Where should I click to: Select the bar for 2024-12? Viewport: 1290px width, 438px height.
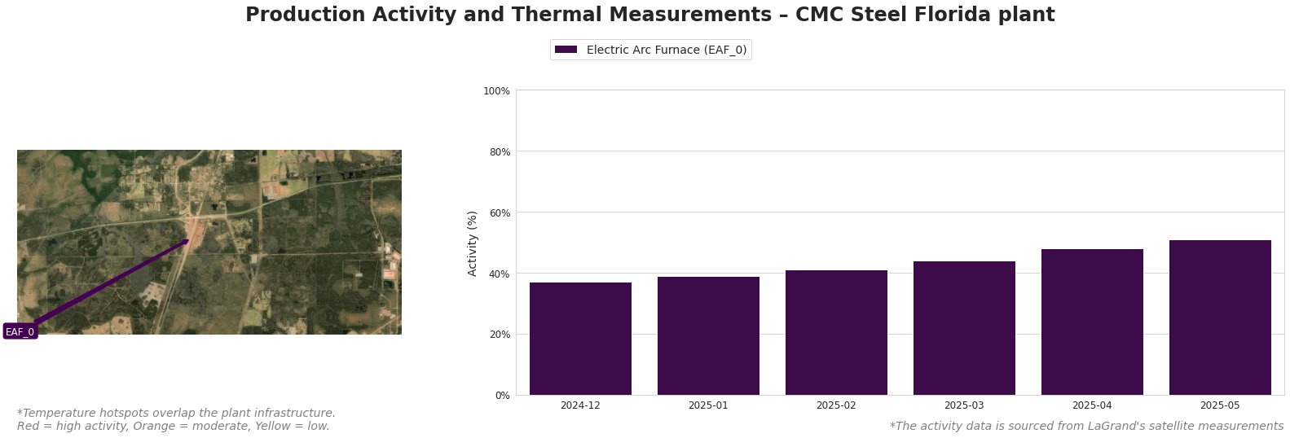click(x=580, y=339)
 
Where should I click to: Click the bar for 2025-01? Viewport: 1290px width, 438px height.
click(x=708, y=335)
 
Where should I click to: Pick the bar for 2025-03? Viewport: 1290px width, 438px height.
click(x=964, y=328)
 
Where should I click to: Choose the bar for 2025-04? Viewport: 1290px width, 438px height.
click(x=1092, y=322)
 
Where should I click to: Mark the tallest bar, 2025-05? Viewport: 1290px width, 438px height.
click(x=1220, y=318)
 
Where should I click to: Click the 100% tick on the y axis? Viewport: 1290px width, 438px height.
click(x=496, y=90)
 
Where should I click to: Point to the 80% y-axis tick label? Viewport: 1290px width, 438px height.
click(x=498, y=151)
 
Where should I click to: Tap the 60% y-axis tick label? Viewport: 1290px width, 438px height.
click(x=498, y=212)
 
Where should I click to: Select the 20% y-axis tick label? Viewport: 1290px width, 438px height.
click(x=498, y=335)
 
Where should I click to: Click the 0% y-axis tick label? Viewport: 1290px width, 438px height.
click(x=500, y=396)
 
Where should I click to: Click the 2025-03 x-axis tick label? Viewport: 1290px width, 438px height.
click(x=964, y=405)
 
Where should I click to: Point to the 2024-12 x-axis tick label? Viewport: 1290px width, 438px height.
click(x=580, y=405)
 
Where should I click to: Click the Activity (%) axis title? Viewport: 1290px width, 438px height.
click(x=473, y=243)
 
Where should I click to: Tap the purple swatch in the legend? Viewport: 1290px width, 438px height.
click(x=566, y=50)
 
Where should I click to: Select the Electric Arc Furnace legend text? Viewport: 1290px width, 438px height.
click(x=666, y=50)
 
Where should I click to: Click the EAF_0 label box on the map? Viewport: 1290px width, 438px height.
click(x=20, y=331)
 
